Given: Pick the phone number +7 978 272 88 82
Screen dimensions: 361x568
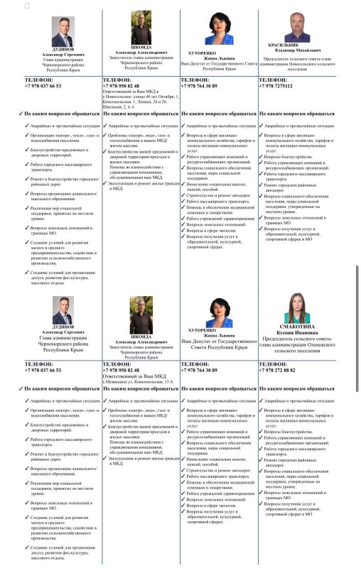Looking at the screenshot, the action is (x=286, y=370).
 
